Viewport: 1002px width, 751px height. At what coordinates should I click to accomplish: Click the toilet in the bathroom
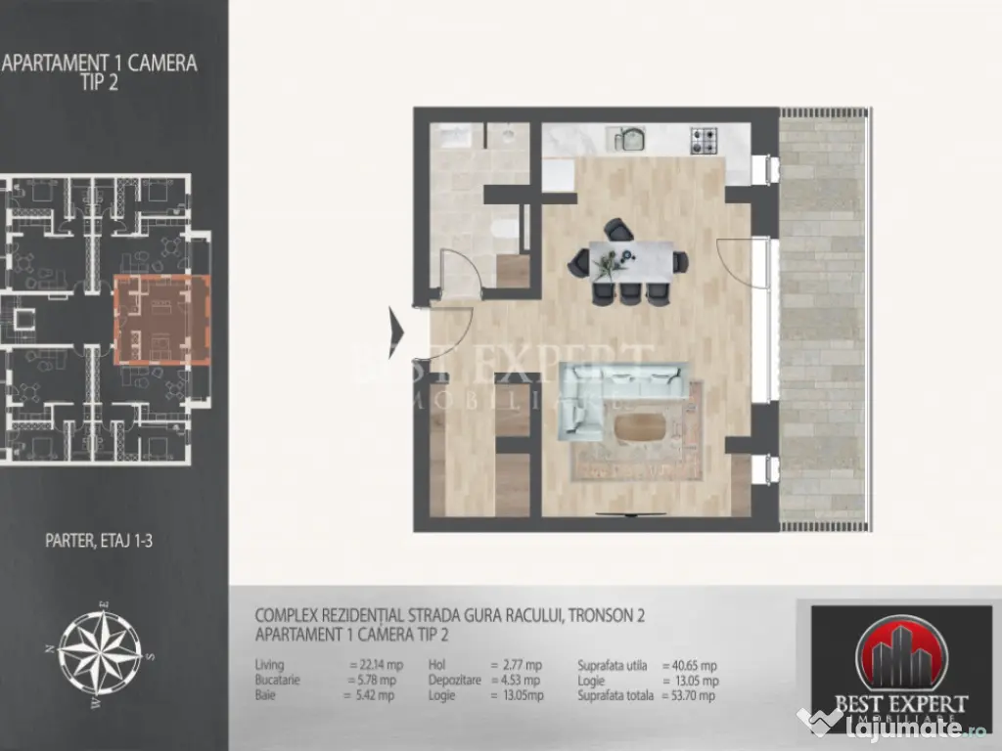(x=507, y=231)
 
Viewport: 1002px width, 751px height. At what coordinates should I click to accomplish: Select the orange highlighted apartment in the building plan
(x=162, y=320)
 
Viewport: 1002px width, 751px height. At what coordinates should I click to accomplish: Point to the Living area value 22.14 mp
(x=372, y=665)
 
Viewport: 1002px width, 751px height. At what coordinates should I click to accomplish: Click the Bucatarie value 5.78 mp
(x=372, y=681)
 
